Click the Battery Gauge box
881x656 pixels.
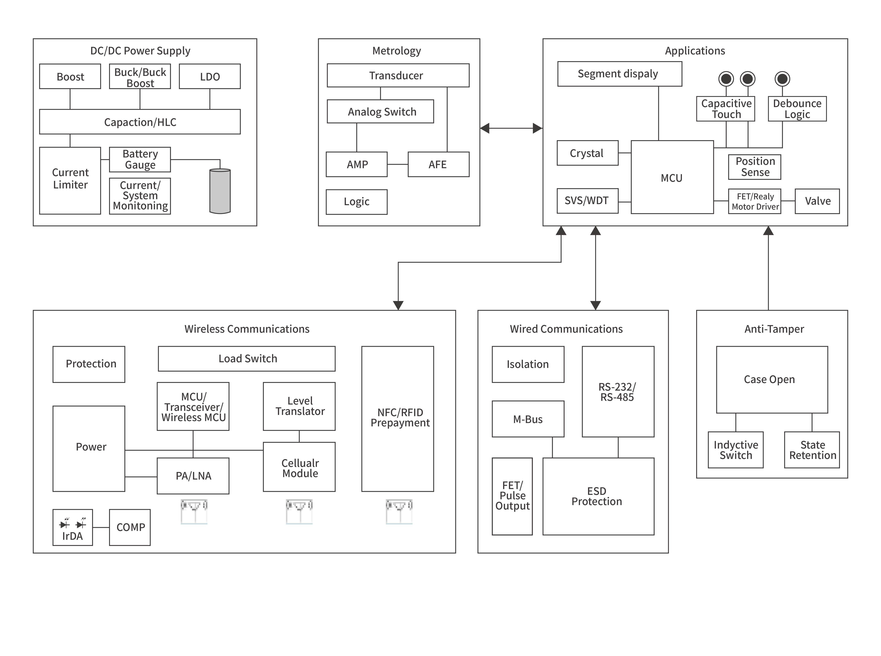140,159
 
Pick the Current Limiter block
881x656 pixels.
70,180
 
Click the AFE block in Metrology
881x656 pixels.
438,164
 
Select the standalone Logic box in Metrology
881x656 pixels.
356,202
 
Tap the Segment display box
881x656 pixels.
619,74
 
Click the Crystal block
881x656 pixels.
587,153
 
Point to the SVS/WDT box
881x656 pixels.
587,201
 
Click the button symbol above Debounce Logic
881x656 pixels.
782,79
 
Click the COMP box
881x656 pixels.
130,527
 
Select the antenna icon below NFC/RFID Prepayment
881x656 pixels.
399,511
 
